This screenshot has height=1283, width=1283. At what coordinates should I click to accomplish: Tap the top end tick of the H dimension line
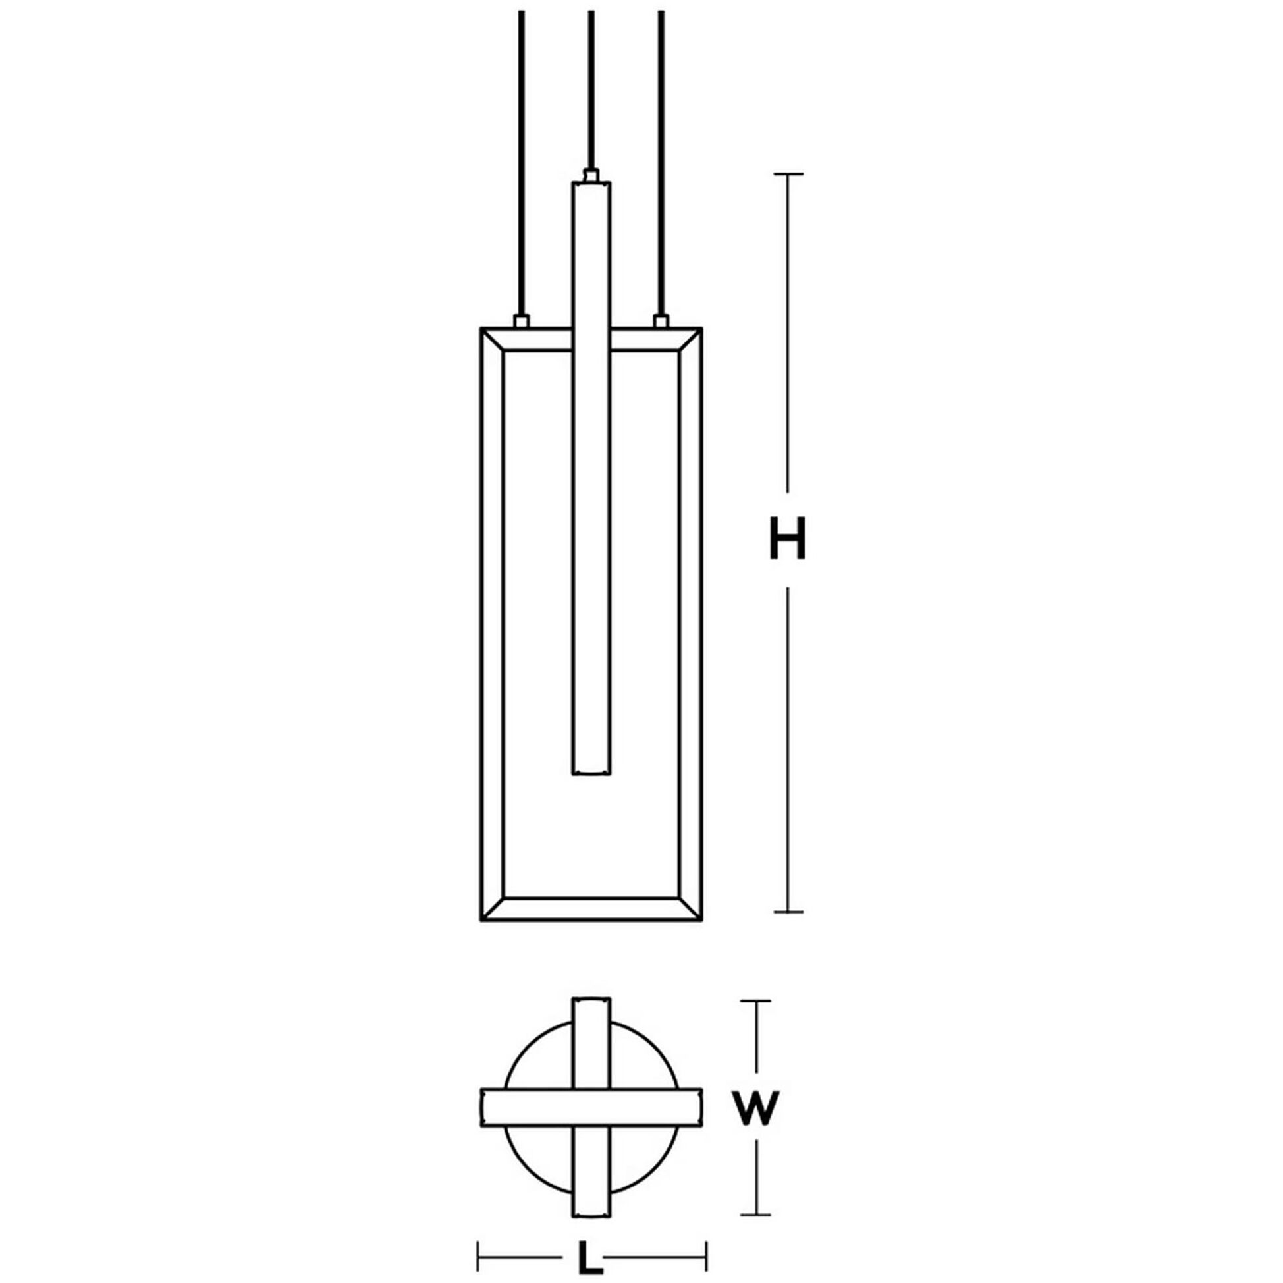pyautogui.click(x=788, y=174)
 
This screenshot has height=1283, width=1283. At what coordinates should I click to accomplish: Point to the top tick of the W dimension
pyautogui.click(x=755, y=1020)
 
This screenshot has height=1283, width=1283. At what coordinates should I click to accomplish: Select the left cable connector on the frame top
pyautogui.click(x=522, y=321)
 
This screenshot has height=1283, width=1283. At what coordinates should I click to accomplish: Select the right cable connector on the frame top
pyautogui.click(x=660, y=321)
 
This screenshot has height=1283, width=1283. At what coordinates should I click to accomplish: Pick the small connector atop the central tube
pyautogui.click(x=591, y=175)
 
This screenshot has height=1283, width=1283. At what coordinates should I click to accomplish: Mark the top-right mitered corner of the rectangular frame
pyautogui.click(x=691, y=339)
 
